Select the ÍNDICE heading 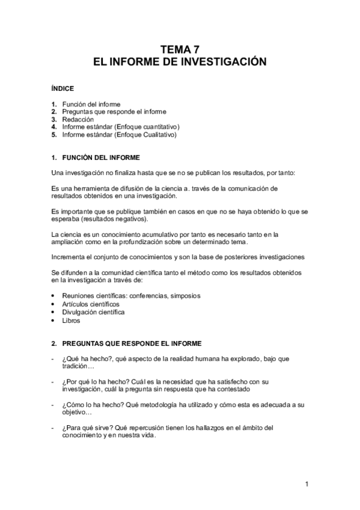pyautogui.click(x=63, y=88)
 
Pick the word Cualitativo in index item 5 pyautogui.click(x=156, y=135)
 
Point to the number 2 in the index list pyautogui.click(x=54, y=112)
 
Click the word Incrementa pyautogui.click(x=68, y=257)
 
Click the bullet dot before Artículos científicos pyautogui.click(x=54, y=304)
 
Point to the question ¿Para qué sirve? pyautogui.click(x=90, y=428)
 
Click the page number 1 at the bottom pyautogui.click(x=307, y=484)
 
